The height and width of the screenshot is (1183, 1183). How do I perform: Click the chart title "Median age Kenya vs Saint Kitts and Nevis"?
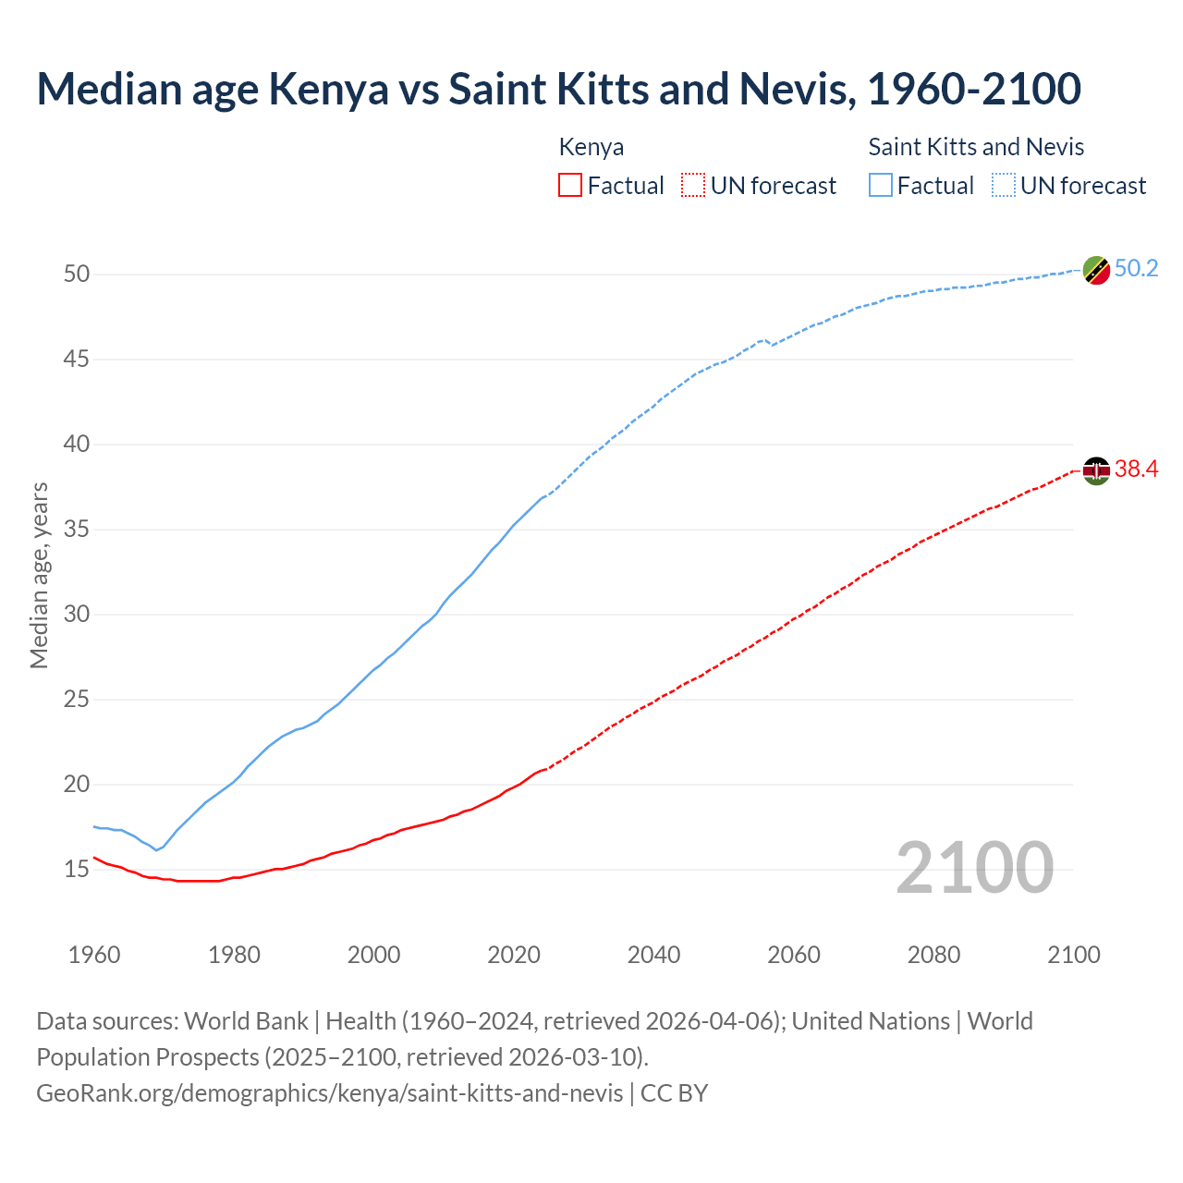[558, 90]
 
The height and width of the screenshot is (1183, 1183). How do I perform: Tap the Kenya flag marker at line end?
[1096, 470]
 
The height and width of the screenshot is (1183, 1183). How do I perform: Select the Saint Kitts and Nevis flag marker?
[1096, 270]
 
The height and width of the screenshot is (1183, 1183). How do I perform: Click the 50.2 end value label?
[1136, 269]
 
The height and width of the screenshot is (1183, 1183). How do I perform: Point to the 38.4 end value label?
[1136, 470]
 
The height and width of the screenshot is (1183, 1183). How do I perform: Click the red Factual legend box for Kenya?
[570, 186]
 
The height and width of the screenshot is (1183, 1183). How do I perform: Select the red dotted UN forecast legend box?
[693, 186]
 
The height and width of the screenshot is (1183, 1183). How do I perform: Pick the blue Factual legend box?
[881, 186]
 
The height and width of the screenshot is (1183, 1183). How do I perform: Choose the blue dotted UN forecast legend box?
[1003, 186]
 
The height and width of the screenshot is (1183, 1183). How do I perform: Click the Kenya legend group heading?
[591, 147]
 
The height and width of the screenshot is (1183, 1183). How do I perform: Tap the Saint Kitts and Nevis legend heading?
[976, 147]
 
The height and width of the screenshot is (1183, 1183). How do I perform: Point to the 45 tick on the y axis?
[77, 359]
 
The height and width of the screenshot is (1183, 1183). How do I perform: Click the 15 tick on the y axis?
[77, 869]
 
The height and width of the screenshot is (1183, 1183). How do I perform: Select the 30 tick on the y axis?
[77, 614]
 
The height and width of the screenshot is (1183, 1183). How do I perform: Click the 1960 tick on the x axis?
[94, 955]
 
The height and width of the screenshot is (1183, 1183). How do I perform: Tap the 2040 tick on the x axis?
[653, 955]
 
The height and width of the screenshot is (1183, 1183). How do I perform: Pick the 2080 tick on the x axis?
[933, 955]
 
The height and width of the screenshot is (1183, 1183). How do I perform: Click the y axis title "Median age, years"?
[39, 575]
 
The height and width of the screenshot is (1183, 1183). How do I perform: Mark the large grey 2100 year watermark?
[974, 867]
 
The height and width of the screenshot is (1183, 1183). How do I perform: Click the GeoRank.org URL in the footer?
[329, 1093]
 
